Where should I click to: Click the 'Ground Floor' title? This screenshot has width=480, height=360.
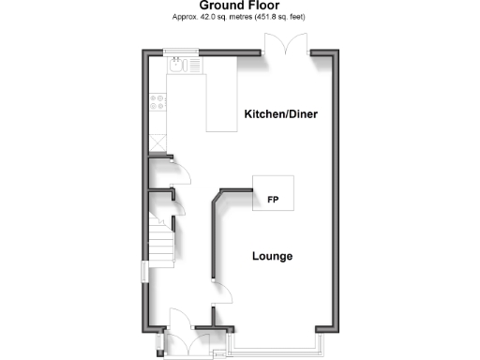240,6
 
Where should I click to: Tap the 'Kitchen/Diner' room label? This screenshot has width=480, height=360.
281,114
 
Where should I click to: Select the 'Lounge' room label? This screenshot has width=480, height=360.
273,256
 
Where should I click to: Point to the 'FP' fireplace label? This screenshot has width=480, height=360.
273,200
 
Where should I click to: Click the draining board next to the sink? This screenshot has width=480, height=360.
188,66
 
